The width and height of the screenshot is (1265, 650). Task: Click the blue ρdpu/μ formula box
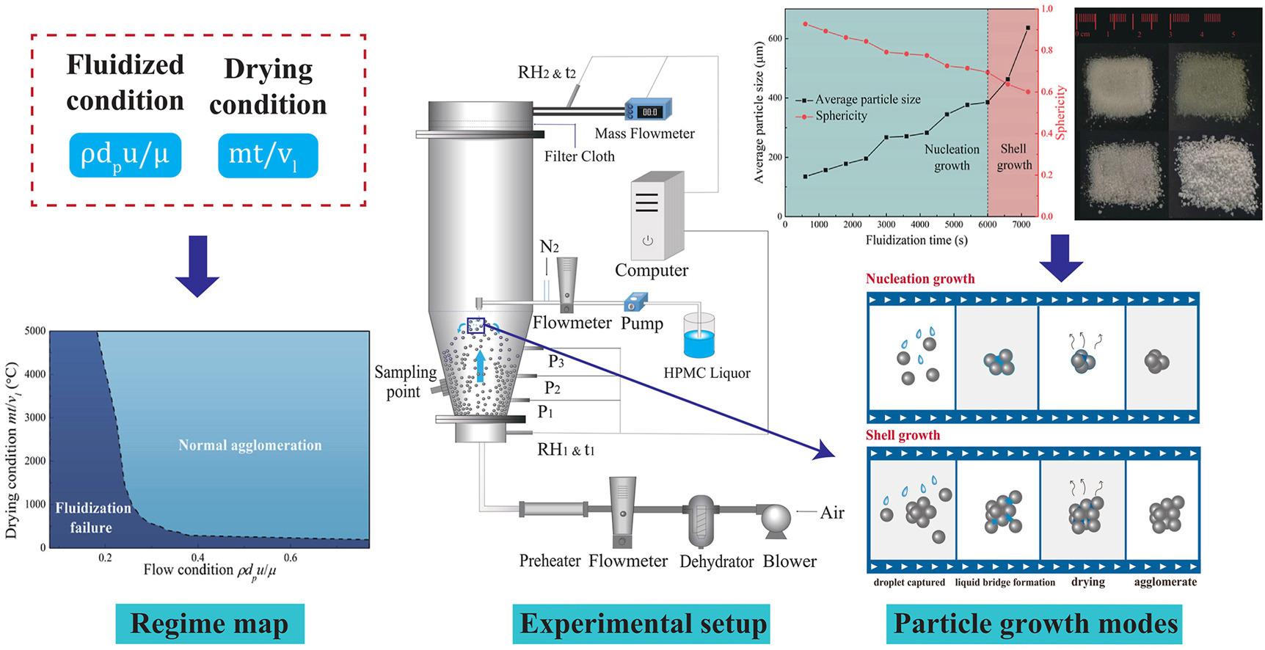pyautogui.click(x=125, y=156)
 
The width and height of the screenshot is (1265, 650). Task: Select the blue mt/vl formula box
pyautogui.click(x=268, y=156)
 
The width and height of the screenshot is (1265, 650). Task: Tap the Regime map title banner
pyautogui.click(x=209, y=624)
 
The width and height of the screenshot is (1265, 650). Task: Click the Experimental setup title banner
pyautogui.click(x=641, y=624)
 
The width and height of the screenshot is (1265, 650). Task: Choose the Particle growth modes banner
pyautogui.click(x=1034, y=624)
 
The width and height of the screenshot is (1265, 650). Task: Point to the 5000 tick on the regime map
pyautogui.click(x=35, y=331)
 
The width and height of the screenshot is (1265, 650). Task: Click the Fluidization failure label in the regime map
pyautogui.click(x=92, y=517)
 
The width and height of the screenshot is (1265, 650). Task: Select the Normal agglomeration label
pyautogui.click(x=250, y=445)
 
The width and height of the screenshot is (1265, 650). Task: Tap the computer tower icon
pyautogui.click(x=657, y=216)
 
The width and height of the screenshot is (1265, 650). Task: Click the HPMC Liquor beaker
pyautogui.click(x=699, y=337)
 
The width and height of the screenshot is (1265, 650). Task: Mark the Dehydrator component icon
pyautogui.click(x=701, y=520)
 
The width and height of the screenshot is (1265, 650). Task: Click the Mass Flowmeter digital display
pyautogui.click(x=649, y=112)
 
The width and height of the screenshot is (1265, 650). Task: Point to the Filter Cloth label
pyautogui.click(x=579, y=156)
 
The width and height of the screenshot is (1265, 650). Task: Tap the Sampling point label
pyautogui.click(x=404, y=381)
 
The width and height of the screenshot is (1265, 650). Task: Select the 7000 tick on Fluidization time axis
pyautogui.click(x=1021, y=224)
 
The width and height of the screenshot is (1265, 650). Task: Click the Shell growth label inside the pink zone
pyautogui.click(x=1014, y=157)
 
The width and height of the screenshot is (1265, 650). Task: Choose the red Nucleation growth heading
pyautogui.click(x=920, y=279)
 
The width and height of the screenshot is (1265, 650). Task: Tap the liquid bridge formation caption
pyautogui.click(x=1005, y=583)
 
